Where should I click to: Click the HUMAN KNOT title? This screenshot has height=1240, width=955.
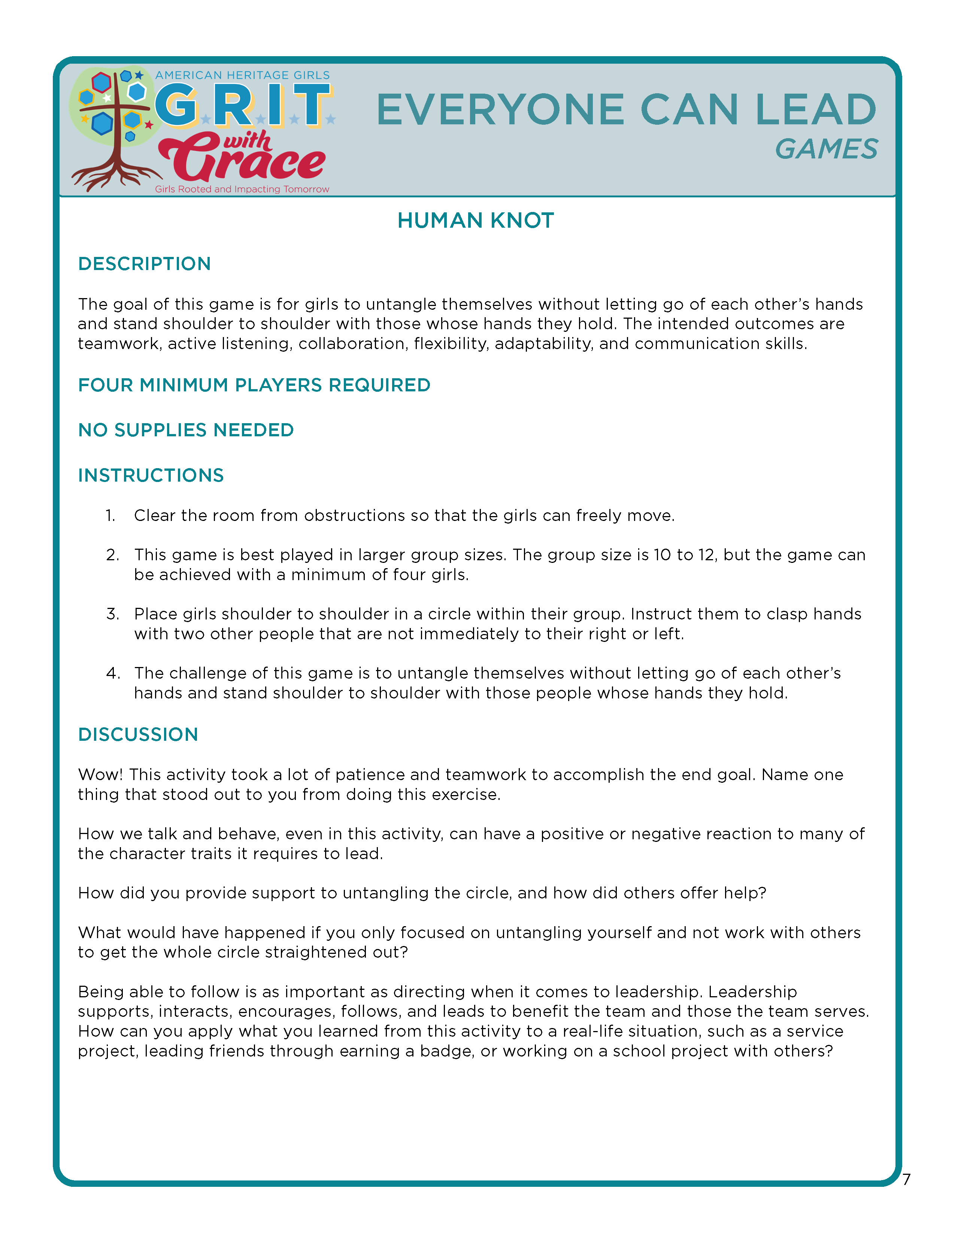[475, 220]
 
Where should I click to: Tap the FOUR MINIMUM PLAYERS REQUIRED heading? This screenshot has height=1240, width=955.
[254, 385]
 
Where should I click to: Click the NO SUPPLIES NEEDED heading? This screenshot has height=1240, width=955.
[186, 430]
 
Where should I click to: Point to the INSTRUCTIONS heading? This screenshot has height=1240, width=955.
[151, 475]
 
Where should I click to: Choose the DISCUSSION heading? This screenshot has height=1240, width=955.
[138, 735]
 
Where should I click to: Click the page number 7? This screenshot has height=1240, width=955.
[906, 1180]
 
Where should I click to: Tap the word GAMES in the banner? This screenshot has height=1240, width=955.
[826, 149]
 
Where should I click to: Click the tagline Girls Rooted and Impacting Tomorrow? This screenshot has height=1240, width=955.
[242, 189]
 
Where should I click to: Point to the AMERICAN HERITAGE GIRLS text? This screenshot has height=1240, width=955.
[242, 75]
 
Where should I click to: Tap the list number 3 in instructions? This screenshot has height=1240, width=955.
[112, 614]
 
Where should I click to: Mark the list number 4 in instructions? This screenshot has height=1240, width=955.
[112, 673]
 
